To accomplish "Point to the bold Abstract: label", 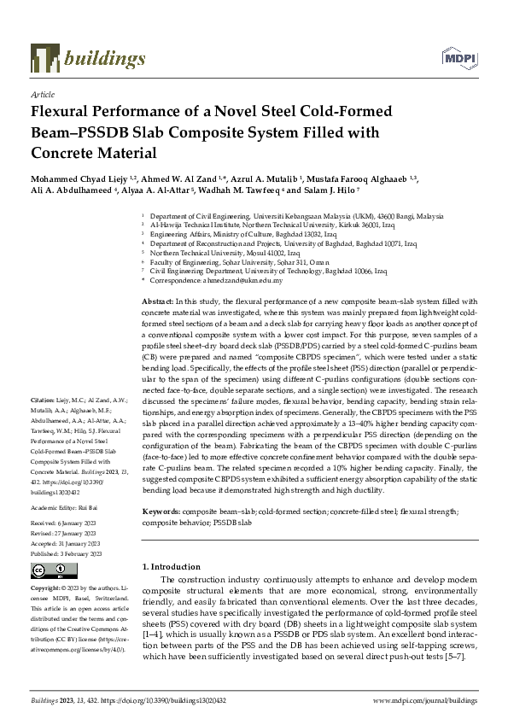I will tap(157, 301).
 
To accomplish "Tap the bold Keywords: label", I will tap(162, 511).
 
